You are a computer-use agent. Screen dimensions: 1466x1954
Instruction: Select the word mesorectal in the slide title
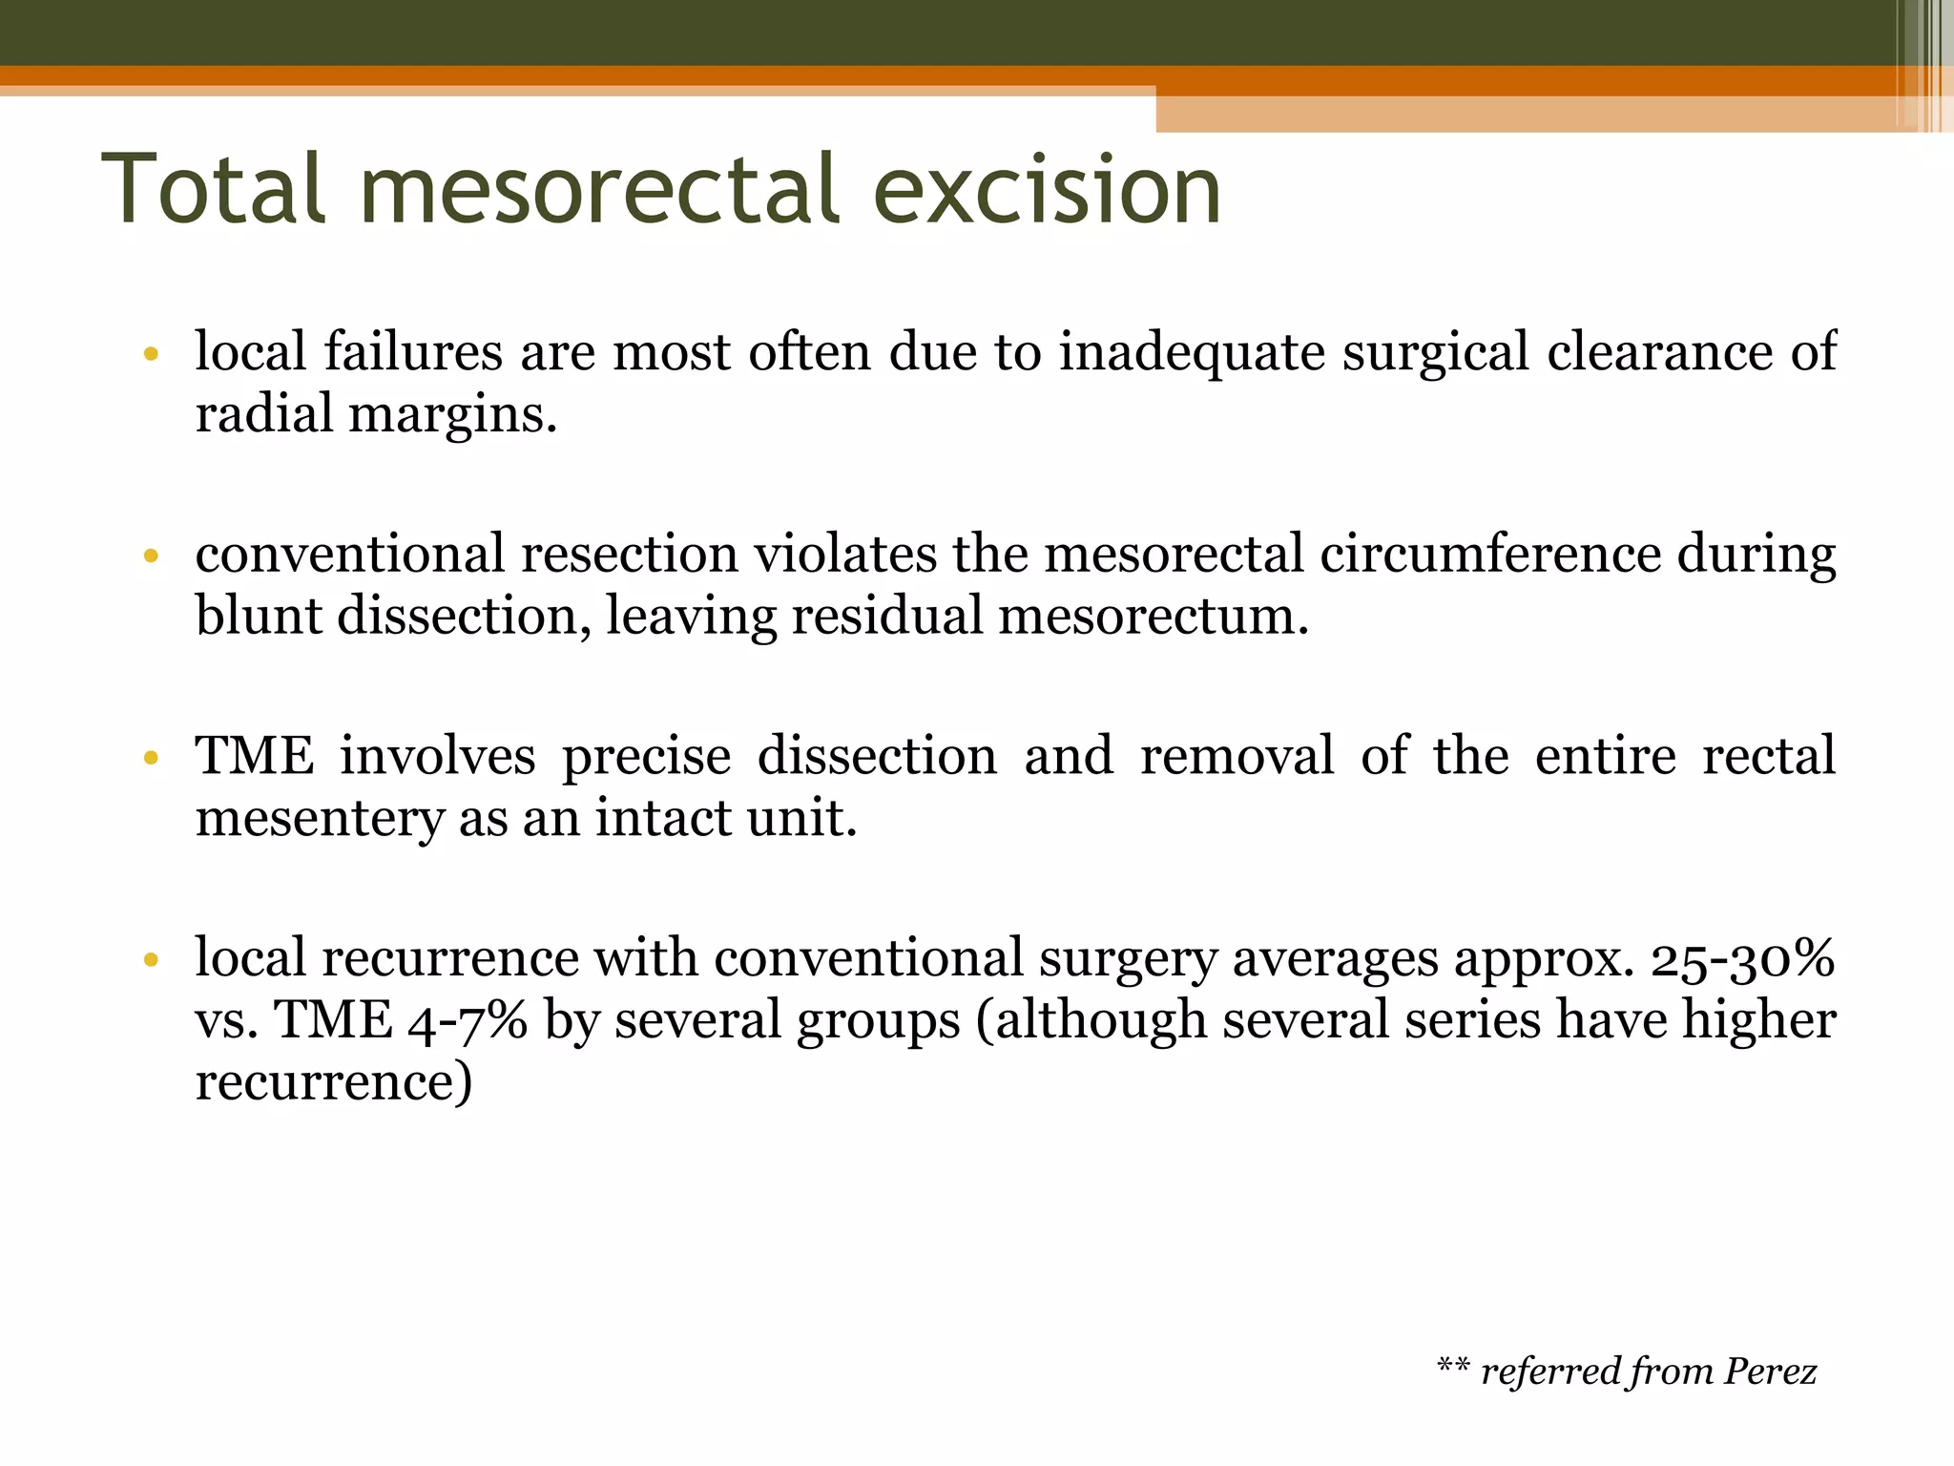click(601, 191)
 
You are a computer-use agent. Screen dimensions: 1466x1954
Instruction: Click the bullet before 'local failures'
click(150, 355)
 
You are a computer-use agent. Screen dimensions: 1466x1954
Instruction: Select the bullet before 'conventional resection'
click(150, 556)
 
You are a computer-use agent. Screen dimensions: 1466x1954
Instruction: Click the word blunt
click(259, 616)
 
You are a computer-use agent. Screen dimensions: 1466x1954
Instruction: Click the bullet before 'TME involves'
click(150, 759)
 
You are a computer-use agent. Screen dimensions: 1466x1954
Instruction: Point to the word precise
click(646, 757)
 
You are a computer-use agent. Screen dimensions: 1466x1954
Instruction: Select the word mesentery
click(320, 819)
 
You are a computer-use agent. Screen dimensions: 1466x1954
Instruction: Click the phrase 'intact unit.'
click(725, 818)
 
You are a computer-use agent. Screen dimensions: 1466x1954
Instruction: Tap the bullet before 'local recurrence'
click(150, 960)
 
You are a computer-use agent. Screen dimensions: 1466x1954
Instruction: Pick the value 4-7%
click(468, 1020)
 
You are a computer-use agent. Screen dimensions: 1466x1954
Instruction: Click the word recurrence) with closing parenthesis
click(333, 1081)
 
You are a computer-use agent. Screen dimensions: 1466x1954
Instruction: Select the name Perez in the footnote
click(1771, 1372)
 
